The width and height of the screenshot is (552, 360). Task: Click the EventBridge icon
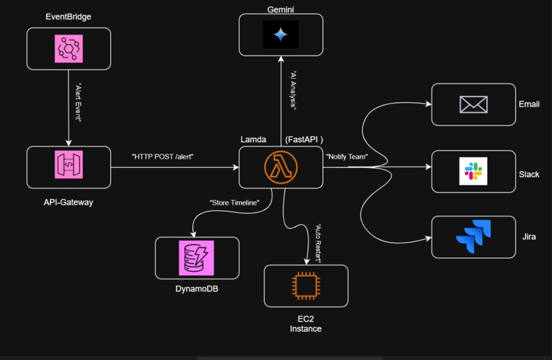click(x=68, y=49)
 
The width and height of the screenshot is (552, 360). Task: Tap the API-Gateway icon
click(x=68, y=166)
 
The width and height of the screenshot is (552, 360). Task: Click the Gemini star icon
click(x=281, y=34)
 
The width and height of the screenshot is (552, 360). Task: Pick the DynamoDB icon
click(x=197, y=258)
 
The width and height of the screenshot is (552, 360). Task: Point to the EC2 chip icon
click(x=305, y=286)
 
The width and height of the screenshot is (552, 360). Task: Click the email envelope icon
click(x=473, y=105)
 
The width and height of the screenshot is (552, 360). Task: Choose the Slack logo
click(x=473, y=171)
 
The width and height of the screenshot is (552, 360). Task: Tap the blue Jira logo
click(x=473, y=237)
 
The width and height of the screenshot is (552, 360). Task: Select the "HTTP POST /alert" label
click(x=162, y=157)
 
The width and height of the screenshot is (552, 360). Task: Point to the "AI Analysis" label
click(x=292, y=90)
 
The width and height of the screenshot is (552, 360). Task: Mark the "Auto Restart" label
click(x=318, y=244)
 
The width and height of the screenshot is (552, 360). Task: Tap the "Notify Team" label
click(x=347, y=157)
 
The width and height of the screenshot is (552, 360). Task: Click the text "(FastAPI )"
click(x=303, y=140)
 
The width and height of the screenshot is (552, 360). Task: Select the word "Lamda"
click(x=253, y=140)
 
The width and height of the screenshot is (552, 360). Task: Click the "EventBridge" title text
click(x=68, y=16)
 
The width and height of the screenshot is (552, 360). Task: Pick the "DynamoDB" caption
click(x=197, y=289)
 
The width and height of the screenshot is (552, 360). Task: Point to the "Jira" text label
click(x=529, y=237)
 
